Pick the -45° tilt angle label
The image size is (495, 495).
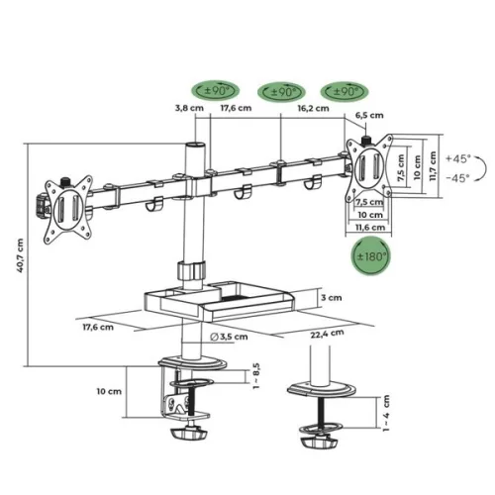[x=460, y=178]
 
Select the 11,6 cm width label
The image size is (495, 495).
[x=368, y=228]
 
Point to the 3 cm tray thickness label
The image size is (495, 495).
[x=334, y=297]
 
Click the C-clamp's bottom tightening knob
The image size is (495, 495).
[x=189, y=435]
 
